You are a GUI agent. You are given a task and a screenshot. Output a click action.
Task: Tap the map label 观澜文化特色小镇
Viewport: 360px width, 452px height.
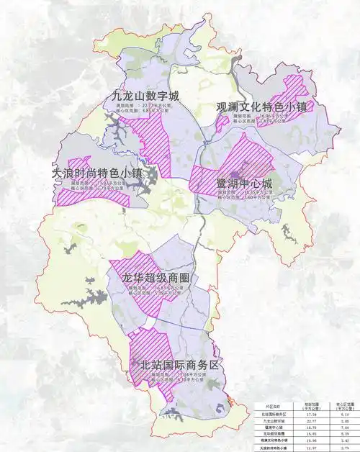(262, 107)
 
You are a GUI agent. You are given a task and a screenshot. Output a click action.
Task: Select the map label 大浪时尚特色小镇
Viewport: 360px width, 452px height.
(97, 173)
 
